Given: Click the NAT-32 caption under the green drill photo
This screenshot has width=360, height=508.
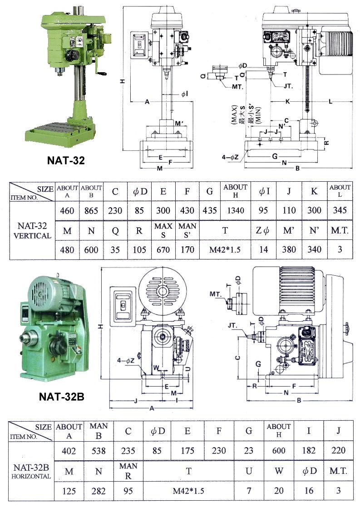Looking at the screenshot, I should pos(66,160).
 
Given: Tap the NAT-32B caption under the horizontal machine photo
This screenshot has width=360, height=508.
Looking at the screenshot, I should pos(61,396).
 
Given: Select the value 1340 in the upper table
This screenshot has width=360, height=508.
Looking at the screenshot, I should pos(235,210).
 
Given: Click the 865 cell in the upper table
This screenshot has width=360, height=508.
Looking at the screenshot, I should pos(91,210).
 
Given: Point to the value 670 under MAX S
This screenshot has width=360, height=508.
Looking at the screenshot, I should pos(162,249).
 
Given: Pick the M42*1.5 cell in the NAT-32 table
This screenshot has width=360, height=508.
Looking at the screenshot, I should pos(225,249).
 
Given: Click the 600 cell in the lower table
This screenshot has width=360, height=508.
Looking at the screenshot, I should pos(279,451).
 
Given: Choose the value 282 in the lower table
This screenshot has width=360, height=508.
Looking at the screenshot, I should pos(99,491).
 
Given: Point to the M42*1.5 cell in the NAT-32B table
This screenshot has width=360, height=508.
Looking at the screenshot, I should pos(188,491).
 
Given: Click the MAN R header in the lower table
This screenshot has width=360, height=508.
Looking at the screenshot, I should pos(128,471).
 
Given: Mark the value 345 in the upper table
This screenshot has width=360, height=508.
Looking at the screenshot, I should pos(340,210).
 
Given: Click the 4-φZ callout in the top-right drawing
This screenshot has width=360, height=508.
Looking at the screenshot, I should pos(229,157).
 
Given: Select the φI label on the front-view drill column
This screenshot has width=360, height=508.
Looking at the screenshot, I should pos(185,94).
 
